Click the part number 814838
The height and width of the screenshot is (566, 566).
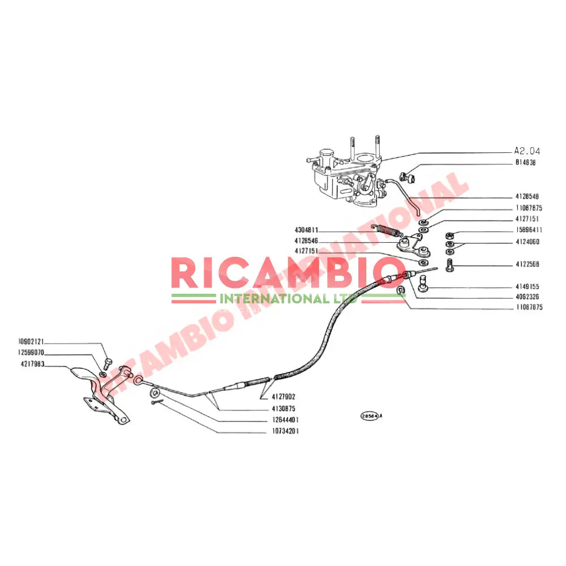coord(526,162)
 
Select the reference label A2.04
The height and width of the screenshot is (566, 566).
coord(527,151)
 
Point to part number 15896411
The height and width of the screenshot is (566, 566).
coord(529,230)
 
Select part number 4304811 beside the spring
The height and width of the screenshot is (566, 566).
coord(306,230)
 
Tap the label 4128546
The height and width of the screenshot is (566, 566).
coord(306,241)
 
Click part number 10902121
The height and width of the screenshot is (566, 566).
coord(31,342)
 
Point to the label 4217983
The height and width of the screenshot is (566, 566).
coord(31,365)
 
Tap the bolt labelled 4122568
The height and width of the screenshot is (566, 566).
coord(451,264)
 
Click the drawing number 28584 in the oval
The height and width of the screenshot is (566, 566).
coord(368,415)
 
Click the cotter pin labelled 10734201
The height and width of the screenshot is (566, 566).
coord(157,402)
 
